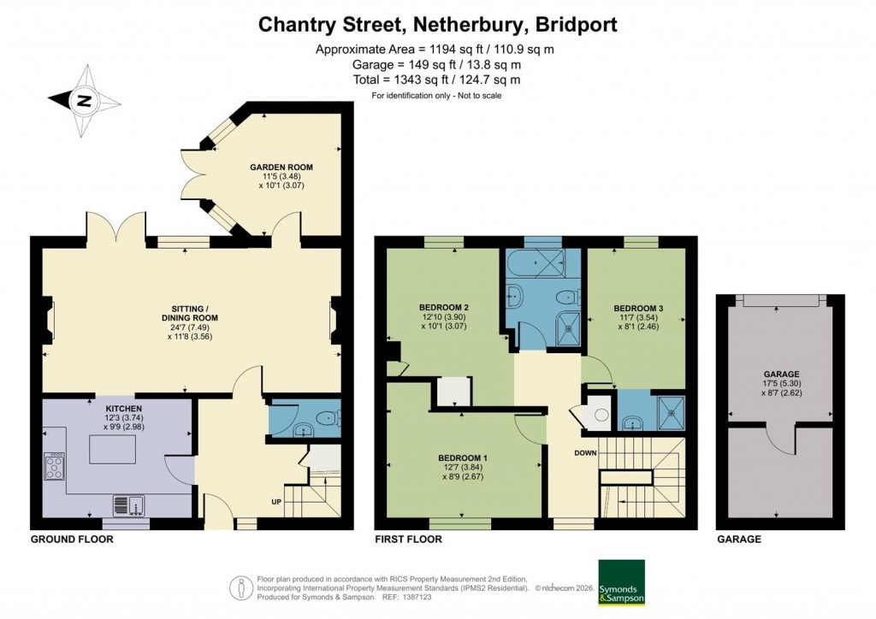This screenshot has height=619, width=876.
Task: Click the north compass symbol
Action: point(83,101)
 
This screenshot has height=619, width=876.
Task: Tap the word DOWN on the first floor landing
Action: point(584,453)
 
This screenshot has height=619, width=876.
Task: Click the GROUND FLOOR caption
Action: point(71,539)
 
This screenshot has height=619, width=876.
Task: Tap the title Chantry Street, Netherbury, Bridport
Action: point(437,25)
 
